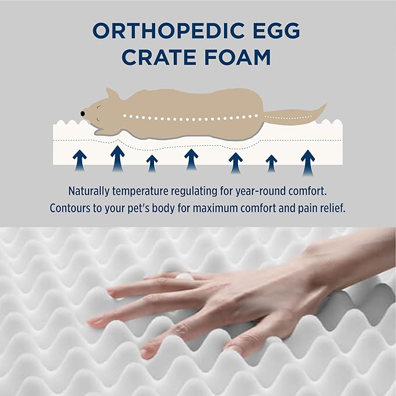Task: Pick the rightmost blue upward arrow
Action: [x=308, y=162]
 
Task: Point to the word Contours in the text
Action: [x=71, y=208]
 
